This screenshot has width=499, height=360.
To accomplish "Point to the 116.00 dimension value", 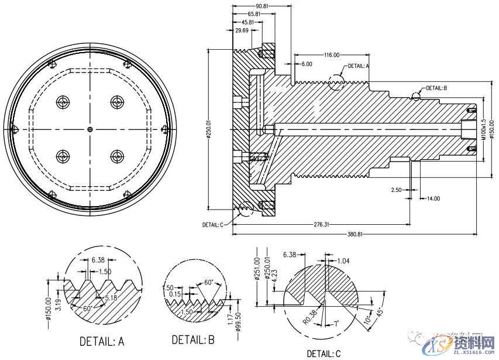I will coord(332,55).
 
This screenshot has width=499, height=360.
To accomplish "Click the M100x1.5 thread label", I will coord(483,132).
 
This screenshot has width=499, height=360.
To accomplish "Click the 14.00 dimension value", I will coord(433,199).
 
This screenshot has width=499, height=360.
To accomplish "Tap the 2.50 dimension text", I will coord(396,190).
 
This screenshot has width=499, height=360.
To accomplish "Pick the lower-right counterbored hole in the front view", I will coord(117,156).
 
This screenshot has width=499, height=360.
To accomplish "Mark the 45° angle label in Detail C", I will coord(380,312).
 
